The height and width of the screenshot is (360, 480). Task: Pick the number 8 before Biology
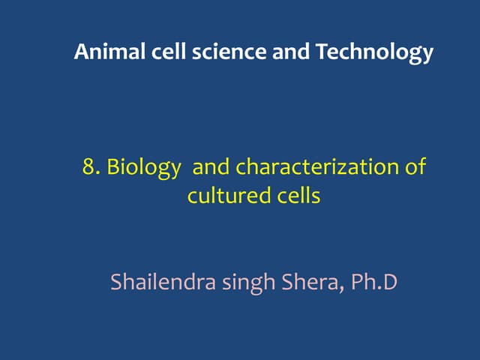tap(88, 166)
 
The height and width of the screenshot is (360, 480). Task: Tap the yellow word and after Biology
tap(211, 166)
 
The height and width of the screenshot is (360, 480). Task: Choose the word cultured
tap(221, 196)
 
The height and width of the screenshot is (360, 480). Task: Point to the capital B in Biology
tap(113, 166)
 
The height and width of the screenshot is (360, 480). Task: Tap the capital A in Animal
tap(81, 52)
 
